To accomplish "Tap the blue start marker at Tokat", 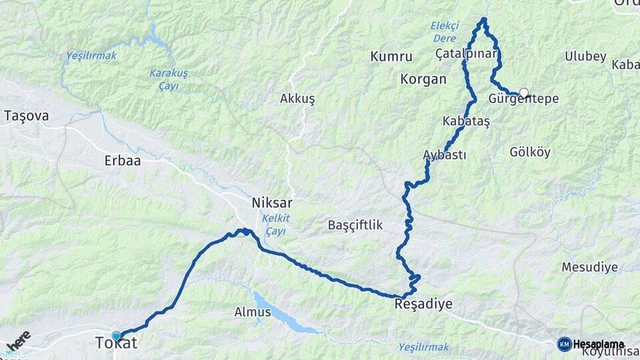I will point(117,336).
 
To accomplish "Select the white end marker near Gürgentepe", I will point(524,93).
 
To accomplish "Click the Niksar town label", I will point(272,203).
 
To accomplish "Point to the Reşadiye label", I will point(423,304).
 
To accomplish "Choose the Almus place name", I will point(253,311).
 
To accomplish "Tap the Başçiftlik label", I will point(355,225).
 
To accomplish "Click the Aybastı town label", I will point(444,155).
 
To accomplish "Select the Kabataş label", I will point(466,122).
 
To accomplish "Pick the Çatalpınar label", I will point(466,53).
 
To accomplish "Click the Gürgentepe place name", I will point(523,99).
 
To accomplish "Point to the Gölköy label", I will point(530,152).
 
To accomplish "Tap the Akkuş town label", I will point(297,99).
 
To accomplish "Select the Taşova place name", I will point(27,115).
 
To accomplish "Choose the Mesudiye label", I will point(589,267).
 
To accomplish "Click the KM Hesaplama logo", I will point(591,344).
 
